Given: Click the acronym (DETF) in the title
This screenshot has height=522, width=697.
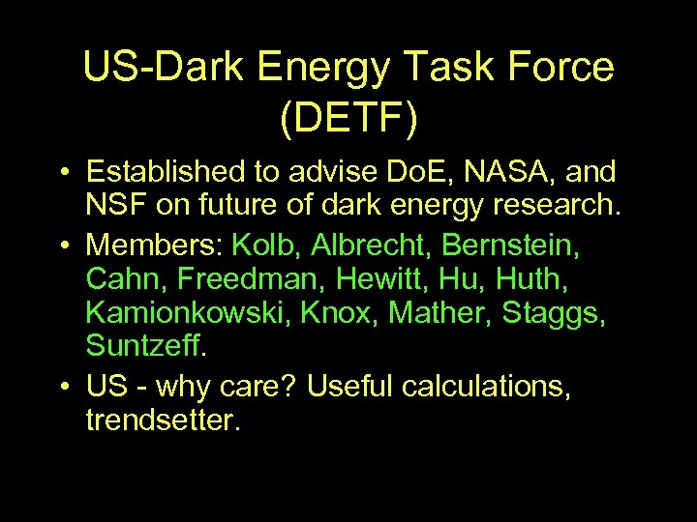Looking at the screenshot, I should click(348, 117).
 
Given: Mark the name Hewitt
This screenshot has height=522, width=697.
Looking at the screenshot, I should click(357, 278).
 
